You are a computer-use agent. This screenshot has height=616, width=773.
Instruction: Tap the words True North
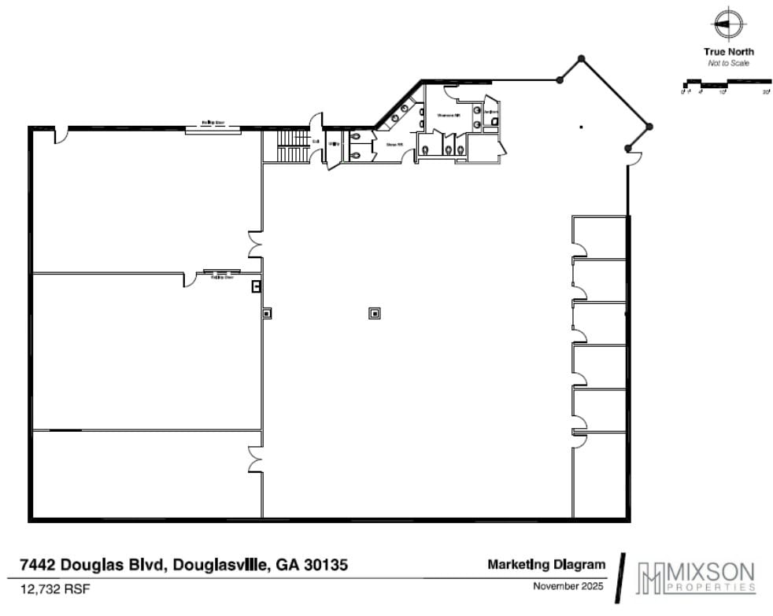pyautogui.click(x=728, y=52)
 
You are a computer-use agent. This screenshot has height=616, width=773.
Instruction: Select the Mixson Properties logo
pyautogui.click(x=697, y=577)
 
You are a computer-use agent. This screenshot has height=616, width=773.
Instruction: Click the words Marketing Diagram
pyautogui.click(x=546, y=564)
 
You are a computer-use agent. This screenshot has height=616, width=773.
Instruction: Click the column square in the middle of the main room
pyautogui.click(x=375, y=313)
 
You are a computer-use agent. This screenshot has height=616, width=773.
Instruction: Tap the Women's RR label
pyautogui.click(x=449, y=115)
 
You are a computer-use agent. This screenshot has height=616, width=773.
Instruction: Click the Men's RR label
pyautogui.click(x=394, y=144)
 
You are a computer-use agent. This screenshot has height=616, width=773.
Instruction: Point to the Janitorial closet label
pyautogui.click(x=489, y=113)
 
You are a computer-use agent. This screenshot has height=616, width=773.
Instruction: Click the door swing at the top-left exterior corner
pyautogui.click(x=61, y=135)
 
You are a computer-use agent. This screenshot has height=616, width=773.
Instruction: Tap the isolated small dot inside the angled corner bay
pyautogui.click(x=581, y=127)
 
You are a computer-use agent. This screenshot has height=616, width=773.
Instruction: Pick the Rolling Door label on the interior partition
pyautogui.click(x=217, y=277)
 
